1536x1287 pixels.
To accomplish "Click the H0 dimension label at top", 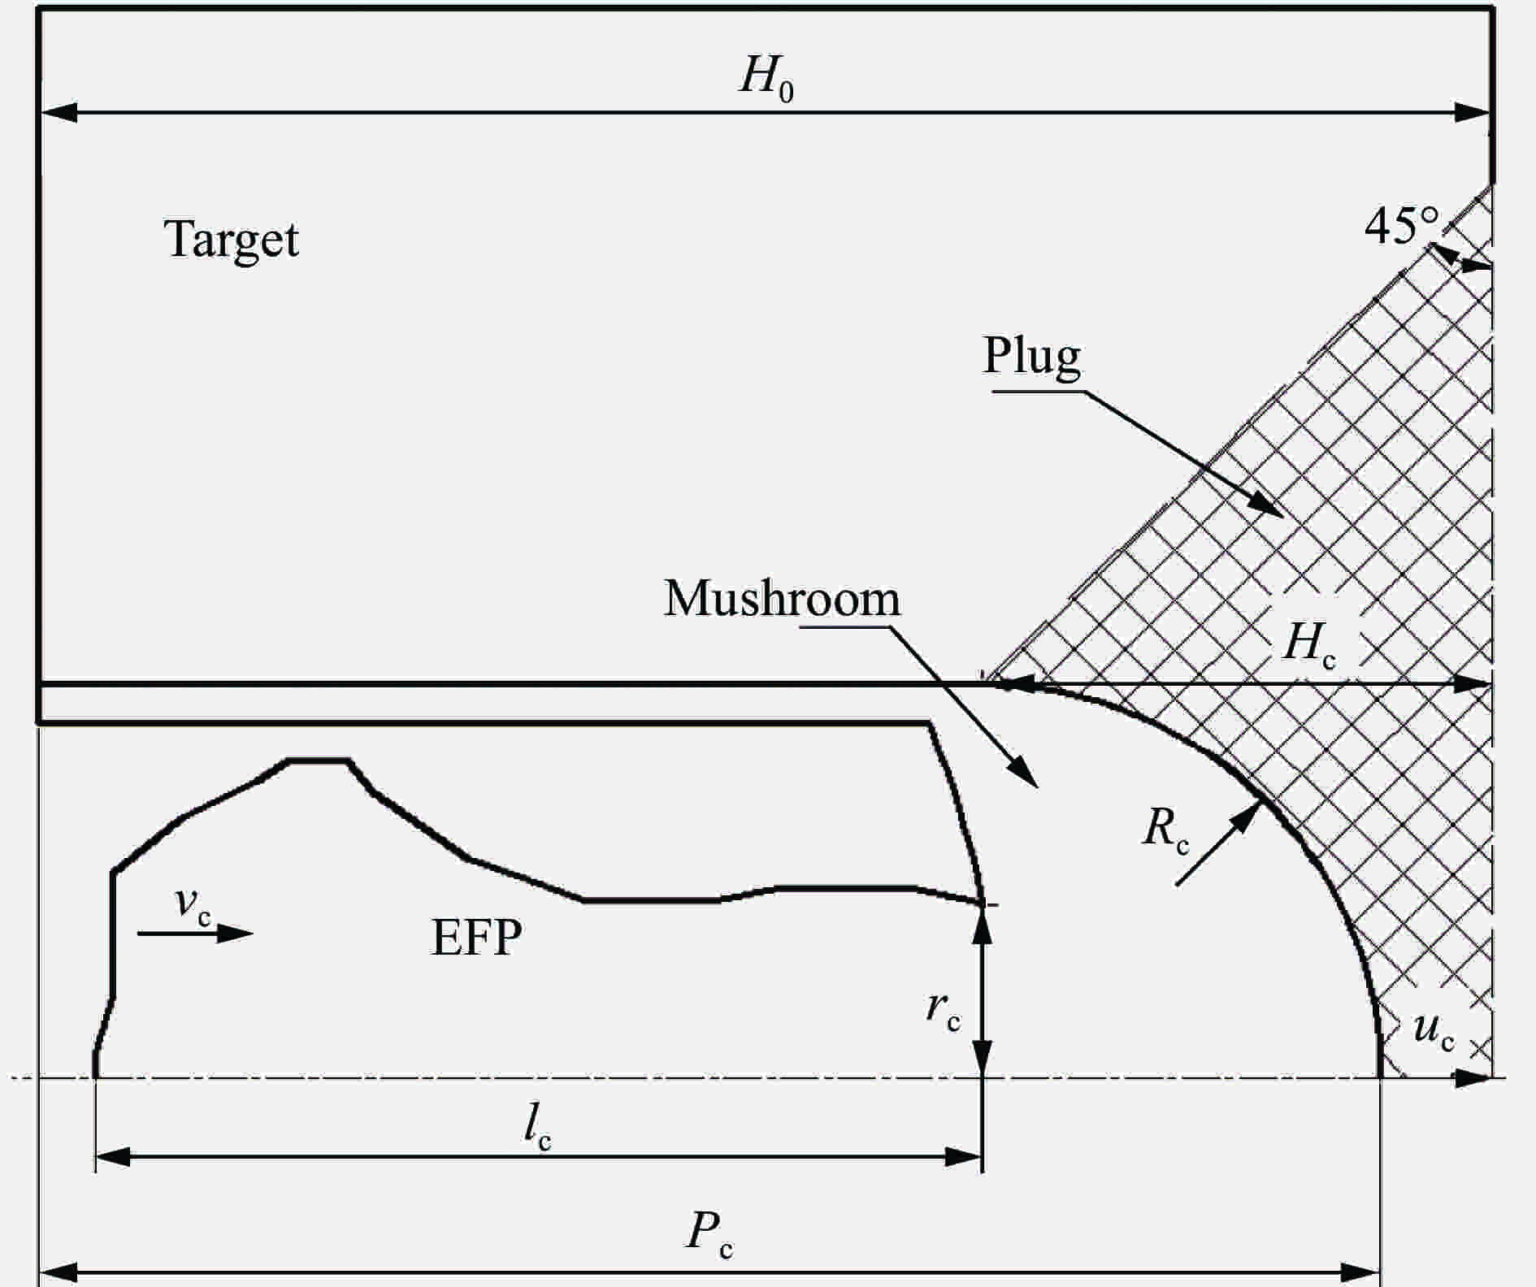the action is (766, 80).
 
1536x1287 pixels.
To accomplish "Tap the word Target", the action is (232, 240).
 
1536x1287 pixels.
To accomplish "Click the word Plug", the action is (1032, 356).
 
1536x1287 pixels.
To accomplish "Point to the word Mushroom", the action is (782, 599).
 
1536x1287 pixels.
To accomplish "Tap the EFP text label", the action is (476, 938).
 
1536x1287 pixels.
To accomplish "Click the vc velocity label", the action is (193, 905).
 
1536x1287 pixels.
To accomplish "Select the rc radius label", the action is (944, 1011).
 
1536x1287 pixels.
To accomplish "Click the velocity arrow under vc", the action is (196, 934).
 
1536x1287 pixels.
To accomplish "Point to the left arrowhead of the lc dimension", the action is (113, 1157).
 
